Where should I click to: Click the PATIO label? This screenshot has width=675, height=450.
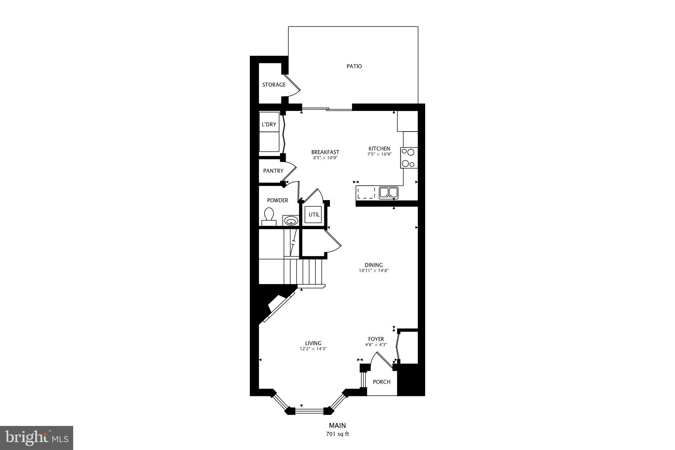tap(354, 66)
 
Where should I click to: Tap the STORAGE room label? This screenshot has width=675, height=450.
tap(274, 85)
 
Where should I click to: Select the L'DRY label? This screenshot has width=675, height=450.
tap(269, 125)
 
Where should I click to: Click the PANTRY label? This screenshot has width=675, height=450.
tap(273, 171)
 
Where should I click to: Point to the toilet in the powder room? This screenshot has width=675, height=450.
tap(269, 216)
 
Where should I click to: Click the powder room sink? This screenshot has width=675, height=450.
tap(291, 221)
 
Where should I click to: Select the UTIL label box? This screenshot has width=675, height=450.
tap(314, 215)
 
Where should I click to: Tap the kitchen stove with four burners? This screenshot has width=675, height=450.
tap(409, 158)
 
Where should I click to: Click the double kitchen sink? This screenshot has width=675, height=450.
tap(388, 193)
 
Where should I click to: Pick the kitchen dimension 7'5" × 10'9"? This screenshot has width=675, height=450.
tap(379, 154)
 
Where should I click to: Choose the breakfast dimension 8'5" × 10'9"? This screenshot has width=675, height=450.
tap(325, 158)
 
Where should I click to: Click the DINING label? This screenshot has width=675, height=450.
tap(373, 265)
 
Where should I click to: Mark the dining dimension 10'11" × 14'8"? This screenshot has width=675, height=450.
tap(373, 271)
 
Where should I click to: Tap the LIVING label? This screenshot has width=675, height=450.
tap(313, 343)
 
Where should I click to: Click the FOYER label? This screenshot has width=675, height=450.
tap(376, 339)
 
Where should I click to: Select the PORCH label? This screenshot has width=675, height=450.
tap(381, 382)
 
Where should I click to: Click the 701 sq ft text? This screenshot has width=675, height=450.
tap(337, 434)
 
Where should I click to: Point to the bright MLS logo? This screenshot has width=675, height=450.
tap(37, 438)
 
